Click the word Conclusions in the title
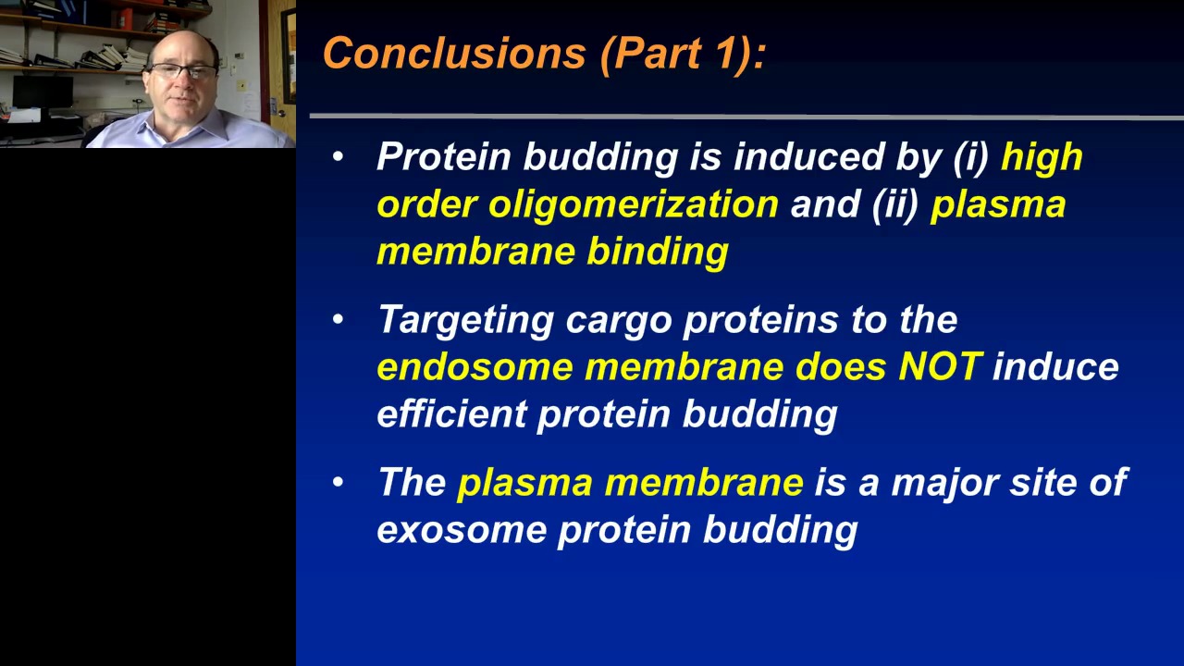click(454, 53)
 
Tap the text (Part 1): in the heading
click(684, 54)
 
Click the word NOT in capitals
click(941, 365)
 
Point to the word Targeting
click(466, 321)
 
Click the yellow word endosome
click(475, 367)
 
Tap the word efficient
click(452, 413)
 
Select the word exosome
click(462, 531)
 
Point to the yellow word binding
click(658, 253)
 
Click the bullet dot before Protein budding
click(339, 156)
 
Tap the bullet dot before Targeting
click(339, 319)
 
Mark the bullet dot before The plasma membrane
click(339, 482)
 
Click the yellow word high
click(1042, 158)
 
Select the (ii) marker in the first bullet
click(896, 205)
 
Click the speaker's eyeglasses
click(183, 70)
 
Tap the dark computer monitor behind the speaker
click(43, 92)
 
